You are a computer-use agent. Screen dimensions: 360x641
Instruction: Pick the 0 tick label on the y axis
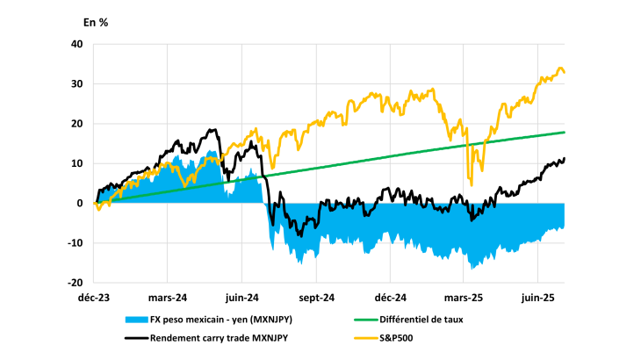point(80,204)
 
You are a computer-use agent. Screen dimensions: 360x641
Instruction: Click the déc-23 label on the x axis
point(94,299)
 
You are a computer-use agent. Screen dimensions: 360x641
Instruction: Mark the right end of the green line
point(565,132)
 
